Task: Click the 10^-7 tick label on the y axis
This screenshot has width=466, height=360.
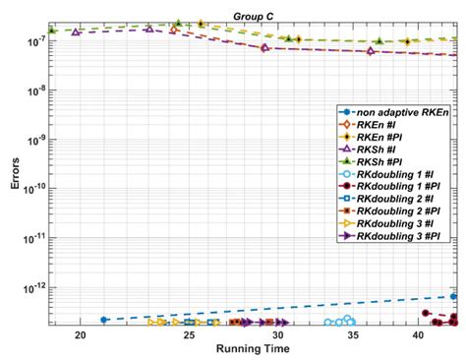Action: (36, 42)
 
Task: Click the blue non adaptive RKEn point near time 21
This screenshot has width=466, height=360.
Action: (104, 320)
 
